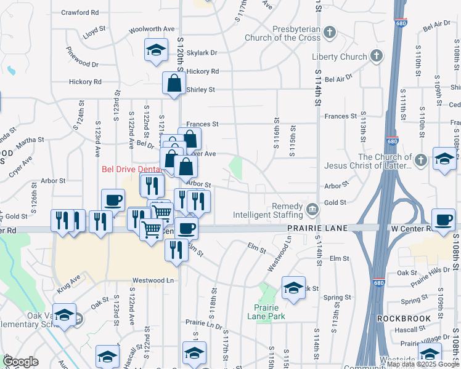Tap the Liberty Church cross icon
377,57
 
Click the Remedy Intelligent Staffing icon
313,210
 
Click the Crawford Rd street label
81,12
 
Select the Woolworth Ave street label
152,29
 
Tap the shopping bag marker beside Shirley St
174,84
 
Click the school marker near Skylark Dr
157,50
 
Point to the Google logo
20,362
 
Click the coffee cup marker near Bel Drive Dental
113,200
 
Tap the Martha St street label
30,140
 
